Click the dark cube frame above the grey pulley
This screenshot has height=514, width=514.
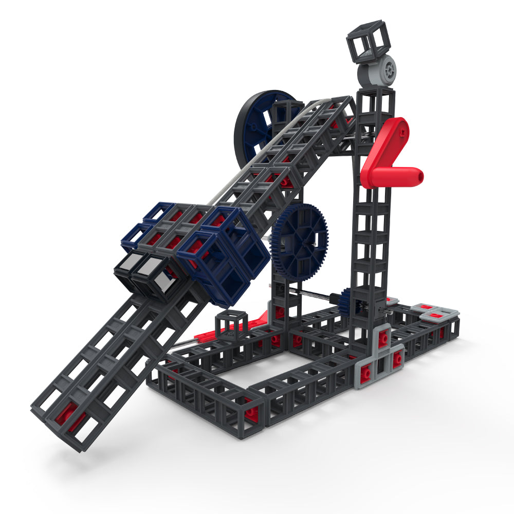pyautogui.click(x=368, y=41)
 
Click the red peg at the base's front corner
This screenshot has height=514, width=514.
pyautogui.click(x=250, y=414)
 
